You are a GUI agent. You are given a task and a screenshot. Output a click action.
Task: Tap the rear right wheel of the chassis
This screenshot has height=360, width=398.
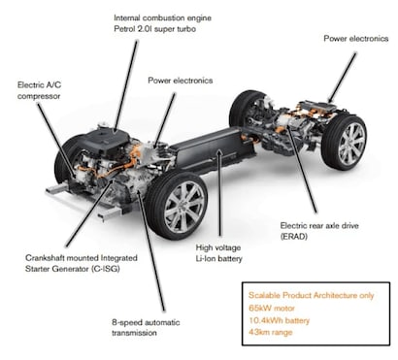(x=345, y=143)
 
